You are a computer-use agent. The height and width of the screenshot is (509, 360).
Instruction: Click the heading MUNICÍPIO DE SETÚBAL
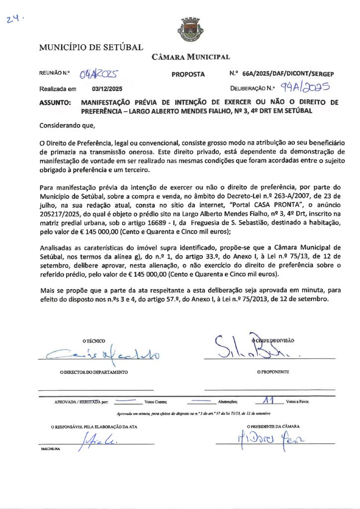(x=91, y=48)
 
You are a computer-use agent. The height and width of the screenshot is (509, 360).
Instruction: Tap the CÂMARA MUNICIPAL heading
(x=190, y=57)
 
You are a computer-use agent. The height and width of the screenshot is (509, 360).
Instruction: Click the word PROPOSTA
(x=188, y=75)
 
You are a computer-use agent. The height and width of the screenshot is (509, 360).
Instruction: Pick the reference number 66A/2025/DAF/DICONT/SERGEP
(x=288, y=74)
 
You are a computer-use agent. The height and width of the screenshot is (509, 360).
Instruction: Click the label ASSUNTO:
(x=55, y=102)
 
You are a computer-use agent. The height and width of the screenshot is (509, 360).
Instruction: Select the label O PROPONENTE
(x=273, y=372)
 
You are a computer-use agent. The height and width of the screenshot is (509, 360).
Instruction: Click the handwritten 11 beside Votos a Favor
(x=269, y=399)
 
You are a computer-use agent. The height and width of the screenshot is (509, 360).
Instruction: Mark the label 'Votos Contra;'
(x=155, y=401)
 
